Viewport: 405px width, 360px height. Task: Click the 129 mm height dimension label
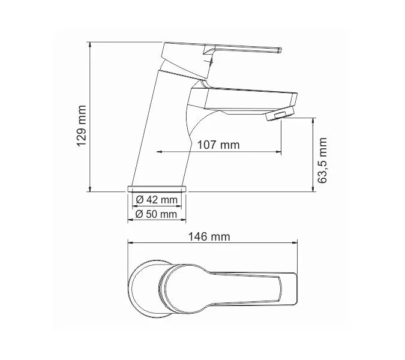coord(82,125)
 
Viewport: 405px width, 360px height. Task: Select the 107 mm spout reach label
coord(218,145)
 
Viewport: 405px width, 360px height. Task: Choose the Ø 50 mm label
coord(157,214)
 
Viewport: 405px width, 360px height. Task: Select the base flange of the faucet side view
coord(158,188)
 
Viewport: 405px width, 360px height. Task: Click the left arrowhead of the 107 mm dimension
coord(159,152)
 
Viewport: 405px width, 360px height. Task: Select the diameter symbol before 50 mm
coord(139,214)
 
